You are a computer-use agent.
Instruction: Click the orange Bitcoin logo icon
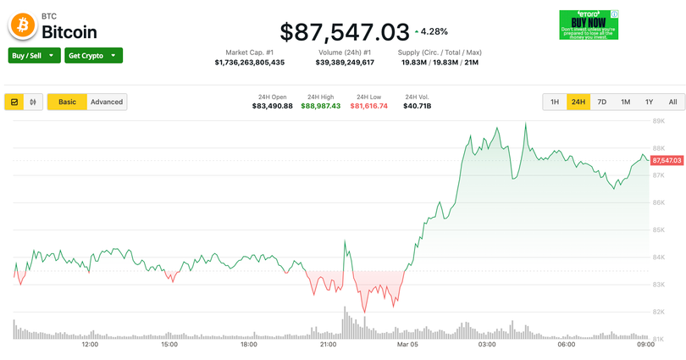click(22, 27)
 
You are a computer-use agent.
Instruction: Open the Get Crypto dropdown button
click(93, 55)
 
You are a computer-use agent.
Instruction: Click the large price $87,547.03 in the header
click(344, 32)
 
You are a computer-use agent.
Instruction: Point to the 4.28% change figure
click(434, 32)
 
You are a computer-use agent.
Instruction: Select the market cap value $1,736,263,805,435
click(249, 63)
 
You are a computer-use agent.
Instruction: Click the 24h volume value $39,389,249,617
click(345, 63)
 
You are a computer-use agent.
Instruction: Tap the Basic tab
click(67, 102)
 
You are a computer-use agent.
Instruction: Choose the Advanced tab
click(107, 102)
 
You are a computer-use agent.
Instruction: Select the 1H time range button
click(555, 102)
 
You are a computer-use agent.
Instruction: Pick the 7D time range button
click(602, 102)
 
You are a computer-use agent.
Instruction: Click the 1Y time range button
click(649, 102)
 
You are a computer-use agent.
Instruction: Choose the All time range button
click(672, 102)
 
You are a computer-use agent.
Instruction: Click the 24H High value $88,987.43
click(320, 106)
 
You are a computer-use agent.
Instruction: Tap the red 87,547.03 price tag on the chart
click(667, 160)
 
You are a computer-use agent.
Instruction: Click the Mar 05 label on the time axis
click(407, 345)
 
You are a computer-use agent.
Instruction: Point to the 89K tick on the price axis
click(657, 121)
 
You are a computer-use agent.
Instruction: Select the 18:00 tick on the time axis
click(248, 345)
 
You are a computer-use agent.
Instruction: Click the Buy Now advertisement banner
click(588, 24)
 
